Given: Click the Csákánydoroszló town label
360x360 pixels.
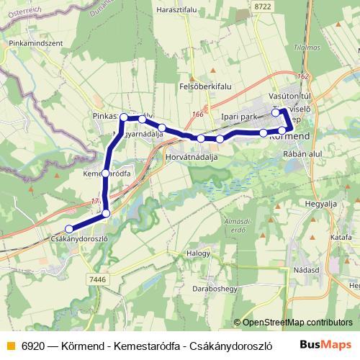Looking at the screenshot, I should pos(80,238).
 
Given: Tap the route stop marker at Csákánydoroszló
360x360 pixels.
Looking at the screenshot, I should pos(69,229).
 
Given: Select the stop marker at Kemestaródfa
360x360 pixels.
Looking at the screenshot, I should pos(106,174).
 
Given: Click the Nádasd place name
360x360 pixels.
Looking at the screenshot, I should pos(305,271).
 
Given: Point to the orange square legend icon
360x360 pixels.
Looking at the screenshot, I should pos(9,344).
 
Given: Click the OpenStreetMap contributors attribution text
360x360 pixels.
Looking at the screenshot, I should pos(295,323).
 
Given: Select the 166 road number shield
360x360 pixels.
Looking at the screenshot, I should pos(197,113).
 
